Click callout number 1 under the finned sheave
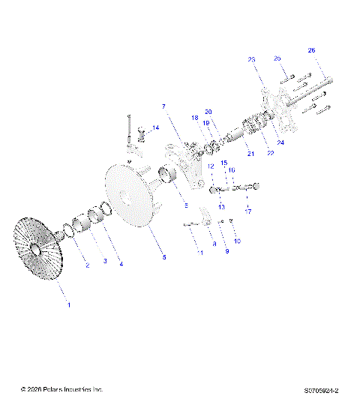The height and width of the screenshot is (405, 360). pyautogui.click(x=69, y=304)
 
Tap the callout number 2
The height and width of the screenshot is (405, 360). pyautogui.click(x=87, y=265)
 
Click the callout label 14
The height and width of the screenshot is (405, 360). pyautogui.click(x=155, y=128)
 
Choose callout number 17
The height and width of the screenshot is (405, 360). pyautogui.click(x=248, y=211)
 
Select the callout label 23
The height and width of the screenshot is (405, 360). pyautogui.click(x=251, y=58)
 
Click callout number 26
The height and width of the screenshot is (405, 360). pyautogui.click(x=311, y=50)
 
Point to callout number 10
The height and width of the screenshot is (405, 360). pyautogui.click(x=238, y=241)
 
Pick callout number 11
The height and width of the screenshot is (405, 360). pyautogui.click(x=199, y=254)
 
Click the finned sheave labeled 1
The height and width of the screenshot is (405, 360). pyautogui.click(x=37, y=247)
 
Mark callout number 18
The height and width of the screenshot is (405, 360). pyautogui.click(x=193, y=118)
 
